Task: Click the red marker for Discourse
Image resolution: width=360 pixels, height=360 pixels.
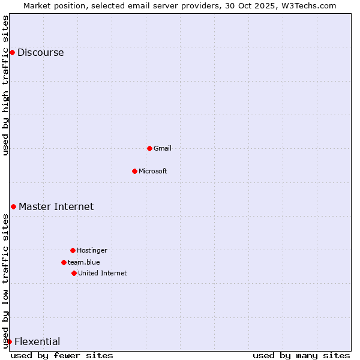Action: (x=12, y=53)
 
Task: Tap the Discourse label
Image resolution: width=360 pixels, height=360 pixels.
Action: (x=40, y=53)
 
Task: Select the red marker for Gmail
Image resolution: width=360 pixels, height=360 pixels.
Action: (x=149, y=148)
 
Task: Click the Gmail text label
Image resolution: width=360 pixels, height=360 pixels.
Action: (x=163, y=148)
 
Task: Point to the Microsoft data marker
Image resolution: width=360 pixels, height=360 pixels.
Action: (x=134, y=171)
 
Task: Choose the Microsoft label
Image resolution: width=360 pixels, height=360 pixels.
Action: (x=152, y=171)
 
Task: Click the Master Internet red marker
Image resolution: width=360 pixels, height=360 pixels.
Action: (x=13, y=207)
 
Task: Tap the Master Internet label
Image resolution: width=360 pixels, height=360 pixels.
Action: (x=56, y=207)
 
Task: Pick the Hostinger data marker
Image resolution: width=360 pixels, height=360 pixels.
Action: (x=73, y=250)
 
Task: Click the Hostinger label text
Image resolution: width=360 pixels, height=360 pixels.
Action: (x=92, y=250)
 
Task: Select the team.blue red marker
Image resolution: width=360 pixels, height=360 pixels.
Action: (x=64, y=262)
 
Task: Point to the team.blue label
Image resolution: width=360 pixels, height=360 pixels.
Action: (x=83, y=262)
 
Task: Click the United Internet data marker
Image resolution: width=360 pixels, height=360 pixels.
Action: (x=74, y=273)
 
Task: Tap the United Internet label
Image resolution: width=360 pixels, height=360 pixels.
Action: (x=102, y=273)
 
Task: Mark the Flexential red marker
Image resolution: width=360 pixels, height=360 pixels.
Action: (x=9, y=342)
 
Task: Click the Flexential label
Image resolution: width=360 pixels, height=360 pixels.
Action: (x=37, y=342)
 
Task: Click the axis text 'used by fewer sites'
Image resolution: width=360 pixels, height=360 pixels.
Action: (x=62, y=355)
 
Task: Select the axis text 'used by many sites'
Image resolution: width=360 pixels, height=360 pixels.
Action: (x=301, y=355)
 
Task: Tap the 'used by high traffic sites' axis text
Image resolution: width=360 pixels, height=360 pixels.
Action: (x=5, y=85)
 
